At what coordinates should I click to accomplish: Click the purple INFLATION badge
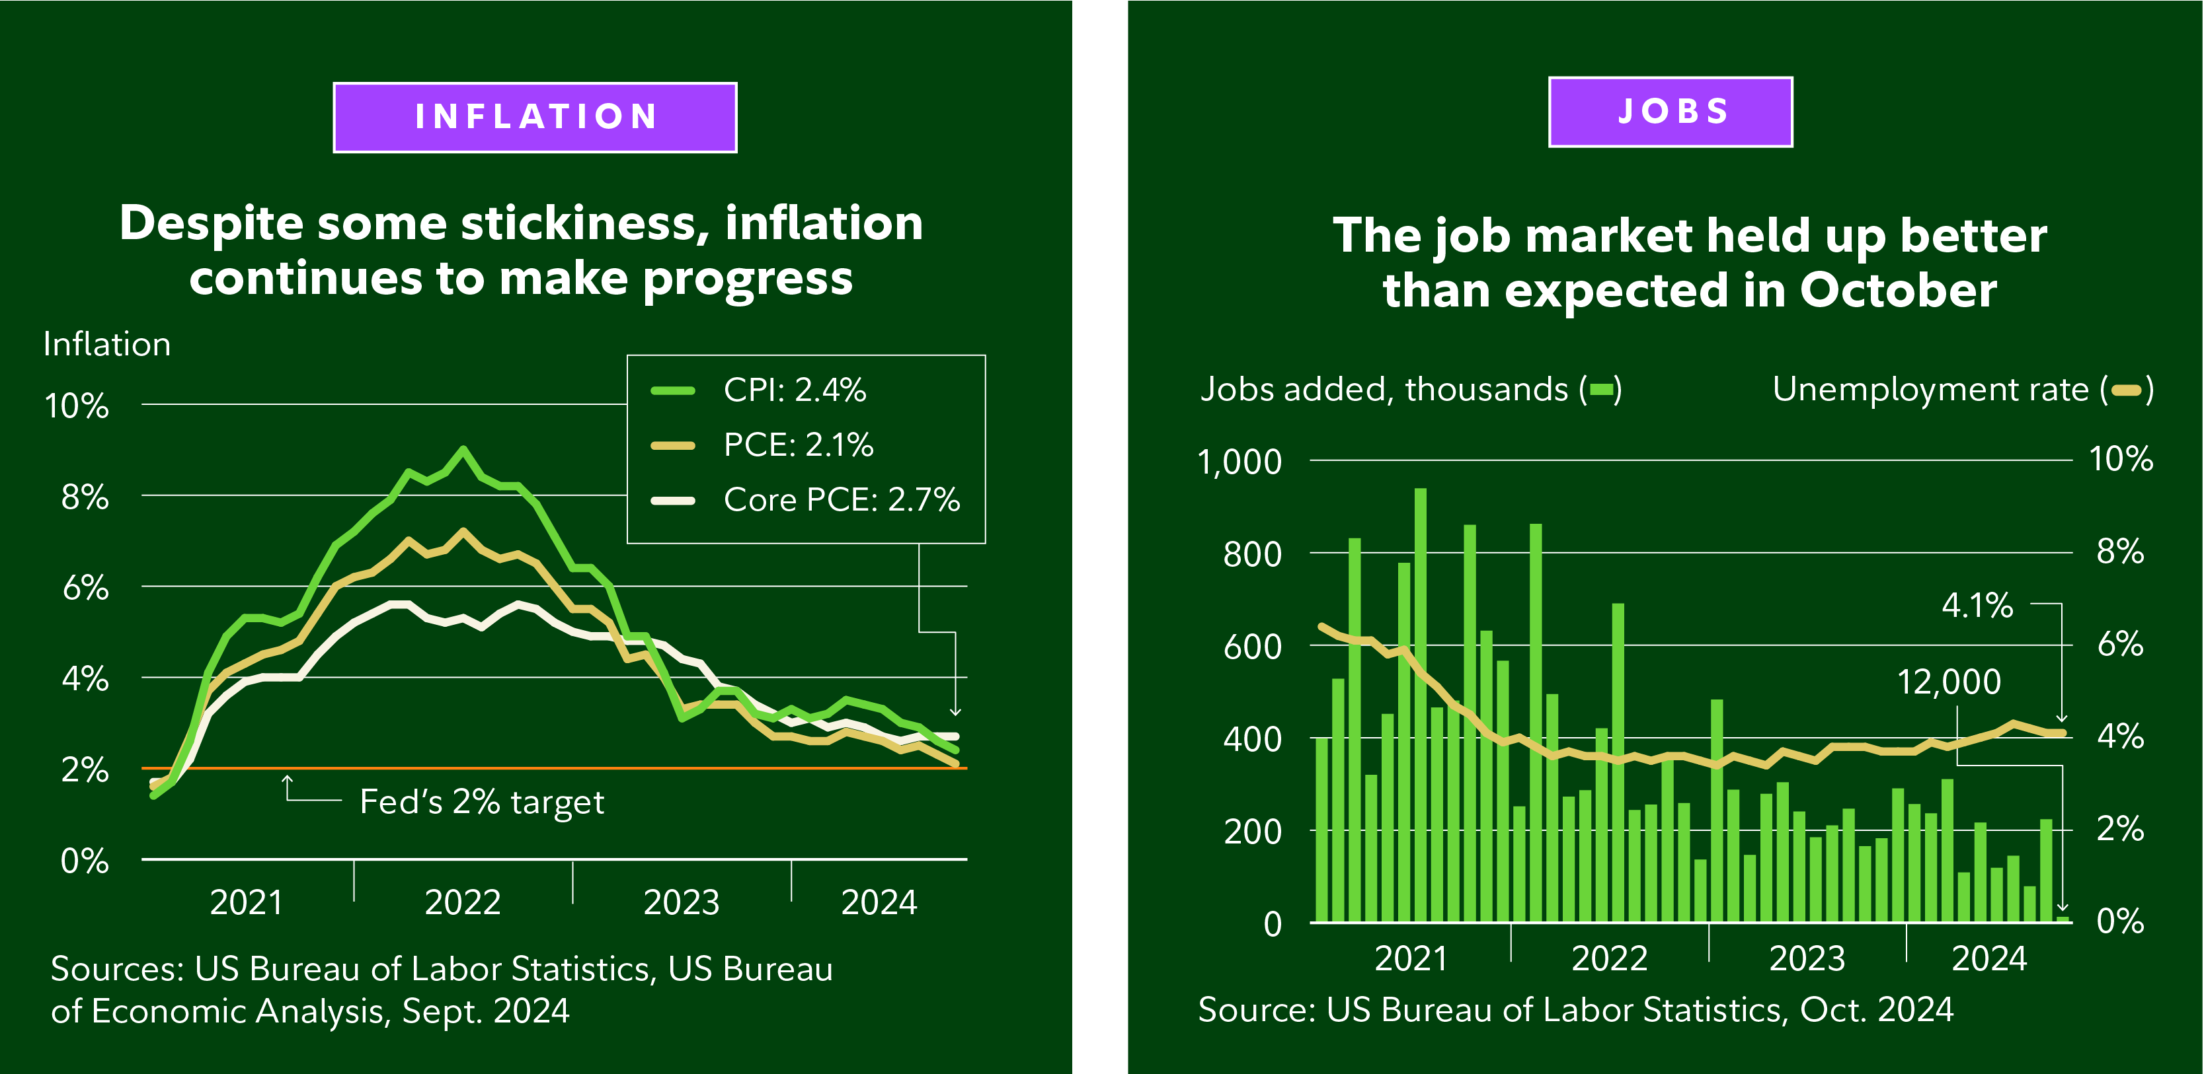point(535,117)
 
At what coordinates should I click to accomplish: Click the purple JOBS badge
point(1670,112)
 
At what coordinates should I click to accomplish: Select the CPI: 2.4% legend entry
point(794,390)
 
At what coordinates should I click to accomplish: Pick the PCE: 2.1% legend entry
point(797,445)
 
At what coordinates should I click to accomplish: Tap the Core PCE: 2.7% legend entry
point(841,499)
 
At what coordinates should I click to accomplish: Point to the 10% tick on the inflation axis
point(77,406)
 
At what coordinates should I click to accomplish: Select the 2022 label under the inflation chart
point(462,902)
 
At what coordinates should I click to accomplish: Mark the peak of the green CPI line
point(463,449)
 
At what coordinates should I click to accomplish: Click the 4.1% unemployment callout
point(1977,606)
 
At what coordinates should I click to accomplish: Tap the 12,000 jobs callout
point(1948,682)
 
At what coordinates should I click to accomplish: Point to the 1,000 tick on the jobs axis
point(1239,462)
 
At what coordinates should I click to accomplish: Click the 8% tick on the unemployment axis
point(2119,552)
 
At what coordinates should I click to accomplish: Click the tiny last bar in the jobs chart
point(2062,919)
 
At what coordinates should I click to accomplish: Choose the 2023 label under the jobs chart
point(1806,958)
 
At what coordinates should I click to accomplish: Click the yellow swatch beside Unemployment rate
point(2126,391)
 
